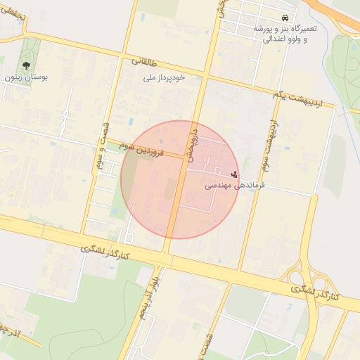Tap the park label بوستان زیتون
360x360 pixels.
[x=26, y=77]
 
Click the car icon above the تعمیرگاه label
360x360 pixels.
[x=284, y=18]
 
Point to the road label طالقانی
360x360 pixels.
[x=146, y=62]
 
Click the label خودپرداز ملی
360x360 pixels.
[x=163, y=77]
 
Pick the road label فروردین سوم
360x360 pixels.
[x=140, y=148]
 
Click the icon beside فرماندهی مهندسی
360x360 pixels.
[x=233, y=173]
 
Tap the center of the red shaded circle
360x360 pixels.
[x=180, y=179]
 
